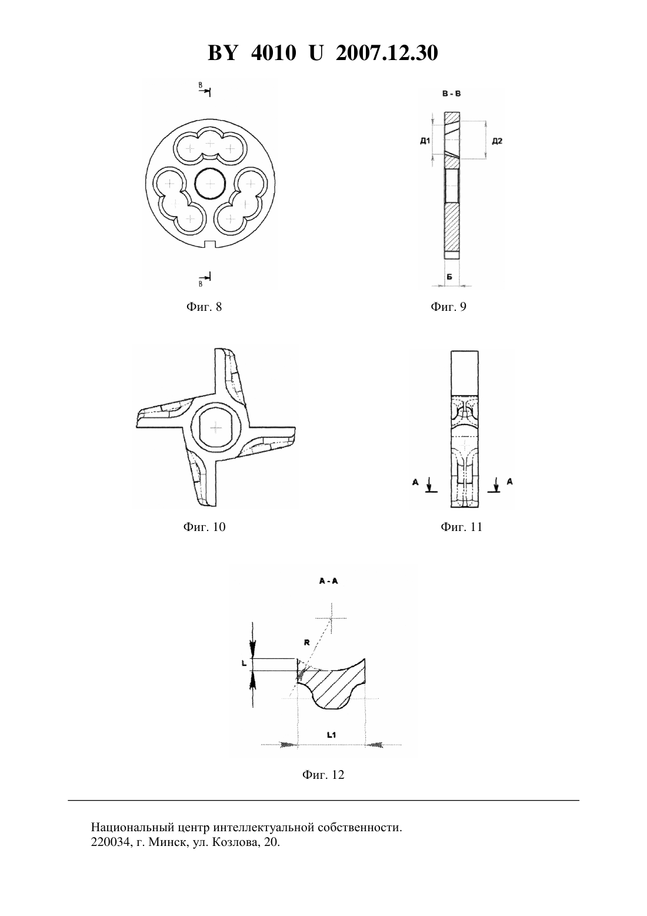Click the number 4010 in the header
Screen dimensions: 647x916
274,53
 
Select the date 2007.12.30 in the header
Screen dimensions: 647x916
387,53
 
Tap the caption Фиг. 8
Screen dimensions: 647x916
204,307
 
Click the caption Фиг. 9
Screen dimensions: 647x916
448,307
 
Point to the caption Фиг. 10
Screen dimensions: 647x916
204,527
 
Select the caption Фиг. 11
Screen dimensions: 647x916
462,527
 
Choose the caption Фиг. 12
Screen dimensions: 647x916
323,775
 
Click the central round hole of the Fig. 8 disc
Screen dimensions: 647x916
210,184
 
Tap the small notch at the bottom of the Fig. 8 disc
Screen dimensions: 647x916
210,244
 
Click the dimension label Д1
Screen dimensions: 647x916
425,141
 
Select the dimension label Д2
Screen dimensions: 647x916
497,141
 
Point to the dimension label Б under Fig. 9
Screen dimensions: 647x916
450,277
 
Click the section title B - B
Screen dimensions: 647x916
452,94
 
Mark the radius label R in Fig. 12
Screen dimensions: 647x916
307,642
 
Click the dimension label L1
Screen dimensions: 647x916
332,735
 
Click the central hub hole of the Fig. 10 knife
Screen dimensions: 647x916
215,428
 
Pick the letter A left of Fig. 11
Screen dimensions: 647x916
415,482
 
